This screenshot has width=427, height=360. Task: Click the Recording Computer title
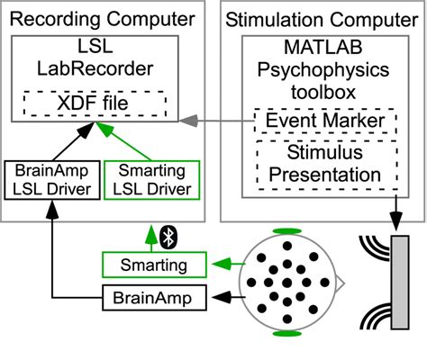[x=107, y=18]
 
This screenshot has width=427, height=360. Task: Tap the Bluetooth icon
[x=167, y=237]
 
